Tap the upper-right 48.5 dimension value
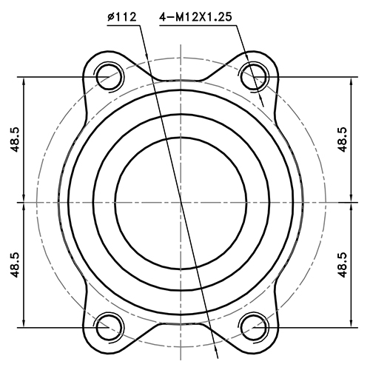click(x=342, y=138)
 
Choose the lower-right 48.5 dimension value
click(x=342, y=263)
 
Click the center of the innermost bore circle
click(x=181, y=201)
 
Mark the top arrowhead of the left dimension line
click(x=25, y=81)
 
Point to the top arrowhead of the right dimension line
click(x=351, y=81)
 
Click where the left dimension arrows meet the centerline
click(x=25, y=201)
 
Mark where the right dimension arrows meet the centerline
click(x=351, y=201)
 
